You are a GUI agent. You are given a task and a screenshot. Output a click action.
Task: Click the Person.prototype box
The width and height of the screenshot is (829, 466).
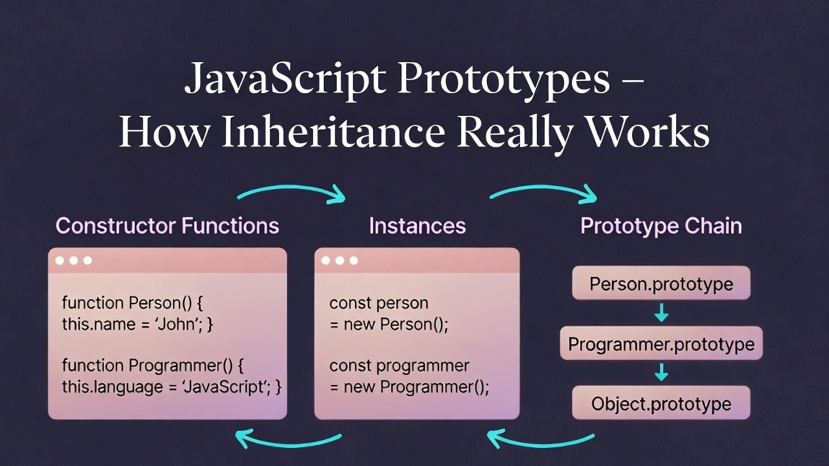pos(661,283)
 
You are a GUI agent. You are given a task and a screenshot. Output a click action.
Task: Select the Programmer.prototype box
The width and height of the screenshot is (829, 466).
pos(661,344)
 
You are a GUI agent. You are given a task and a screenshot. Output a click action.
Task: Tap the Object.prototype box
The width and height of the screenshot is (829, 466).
pos(661,404)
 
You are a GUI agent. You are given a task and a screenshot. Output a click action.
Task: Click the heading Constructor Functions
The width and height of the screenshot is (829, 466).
pos(167,226)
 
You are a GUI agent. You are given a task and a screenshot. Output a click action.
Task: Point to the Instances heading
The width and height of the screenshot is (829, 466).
pos(417,226)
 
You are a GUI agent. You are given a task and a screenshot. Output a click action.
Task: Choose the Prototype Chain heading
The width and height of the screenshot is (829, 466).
pos(661,226)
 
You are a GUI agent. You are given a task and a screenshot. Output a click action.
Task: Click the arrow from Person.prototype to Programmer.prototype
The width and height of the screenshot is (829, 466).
pos(661,314)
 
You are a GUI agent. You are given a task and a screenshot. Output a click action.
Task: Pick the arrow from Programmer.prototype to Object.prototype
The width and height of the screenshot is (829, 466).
pos(661,373)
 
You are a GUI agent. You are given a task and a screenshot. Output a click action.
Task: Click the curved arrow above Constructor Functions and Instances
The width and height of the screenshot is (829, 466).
pos(291,191)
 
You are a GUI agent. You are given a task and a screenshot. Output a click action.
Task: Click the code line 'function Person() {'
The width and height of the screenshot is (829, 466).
pos(133,303)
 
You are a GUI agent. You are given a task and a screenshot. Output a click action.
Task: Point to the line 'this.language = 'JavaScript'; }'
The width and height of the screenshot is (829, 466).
pos(172,387)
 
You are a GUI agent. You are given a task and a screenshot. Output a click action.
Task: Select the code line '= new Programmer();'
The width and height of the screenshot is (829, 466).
pos(409,387)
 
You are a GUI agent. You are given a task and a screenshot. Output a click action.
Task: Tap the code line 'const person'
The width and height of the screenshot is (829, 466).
pos(379,303)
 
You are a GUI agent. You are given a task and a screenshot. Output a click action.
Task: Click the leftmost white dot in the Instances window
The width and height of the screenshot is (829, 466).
pos(326,260)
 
